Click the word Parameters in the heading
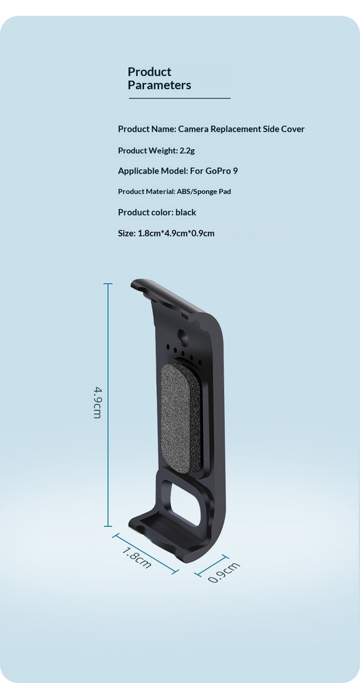click(x=159, y=85)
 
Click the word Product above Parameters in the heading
click(x=149, y=71)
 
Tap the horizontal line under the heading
click(x=179, y=98)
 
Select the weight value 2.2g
click(x=187, y=151)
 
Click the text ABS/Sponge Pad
click(x=204, y=191)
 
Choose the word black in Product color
click(x=185, y=212)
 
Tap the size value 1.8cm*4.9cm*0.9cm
click(x=176, y=233)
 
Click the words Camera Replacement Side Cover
click(x=241, y=129)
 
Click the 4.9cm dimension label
click(x=97, y=403)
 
